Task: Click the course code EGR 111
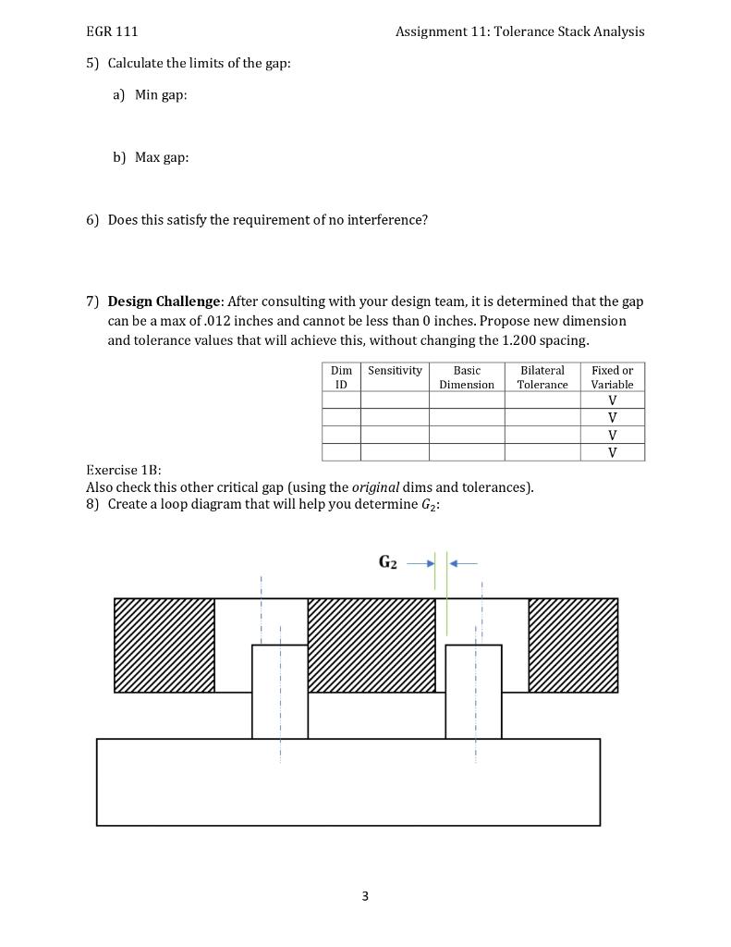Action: click(x=112, y=31)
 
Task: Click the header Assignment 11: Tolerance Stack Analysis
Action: click(x=519, y=31)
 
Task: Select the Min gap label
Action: click(x=161, y=94)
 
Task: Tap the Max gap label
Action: click(x=162, y=157)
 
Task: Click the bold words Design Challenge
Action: click(x=164, y=301)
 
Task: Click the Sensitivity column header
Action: click(x=395, y=370)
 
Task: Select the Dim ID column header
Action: click(x=341, y=376)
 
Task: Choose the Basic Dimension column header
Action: click(x=467, y=376)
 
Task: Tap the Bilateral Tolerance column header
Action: click(x=542, y=376)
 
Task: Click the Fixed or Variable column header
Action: click(x=612, y=376)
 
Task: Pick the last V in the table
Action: click(x=612, y=452)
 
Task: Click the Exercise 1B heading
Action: click(x=124, y=470)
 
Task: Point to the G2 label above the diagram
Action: click(x=388, y=562)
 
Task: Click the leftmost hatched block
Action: click(x=164, y=645)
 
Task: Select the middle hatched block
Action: click(x=372, y=645)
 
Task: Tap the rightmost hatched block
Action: click(x=573, y=645)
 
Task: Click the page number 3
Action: click(x=365, y=895)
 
